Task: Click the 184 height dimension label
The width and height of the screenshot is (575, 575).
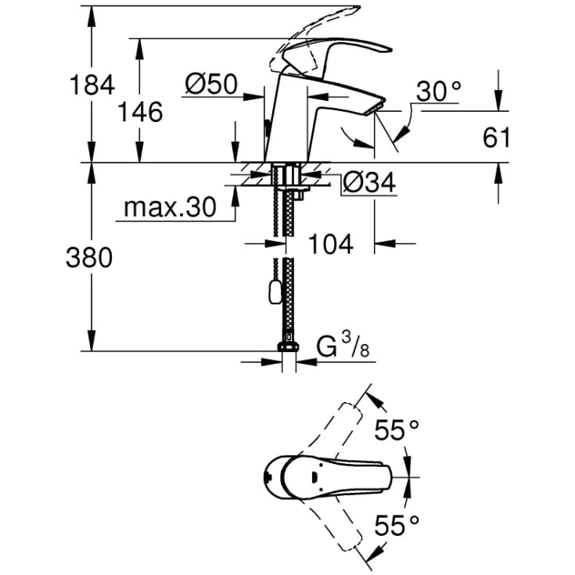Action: [x=92, y=84]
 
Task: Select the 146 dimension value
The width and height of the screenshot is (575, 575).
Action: [x=140, y=112]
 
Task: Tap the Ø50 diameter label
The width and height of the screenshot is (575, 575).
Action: [x=211, y=84]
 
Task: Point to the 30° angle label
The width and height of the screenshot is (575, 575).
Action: [x=439, y=91]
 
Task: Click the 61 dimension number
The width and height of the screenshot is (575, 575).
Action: [x=496, y=138]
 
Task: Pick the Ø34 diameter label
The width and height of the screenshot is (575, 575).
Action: [x=369, y=182]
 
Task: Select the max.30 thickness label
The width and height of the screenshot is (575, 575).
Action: [x=171, y=207]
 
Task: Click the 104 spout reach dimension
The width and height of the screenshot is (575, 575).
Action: [x=331, y=244]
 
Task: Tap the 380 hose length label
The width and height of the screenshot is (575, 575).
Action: [x=89, y=257]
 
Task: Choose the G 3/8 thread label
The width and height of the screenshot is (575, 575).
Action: [x=343, y=346]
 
